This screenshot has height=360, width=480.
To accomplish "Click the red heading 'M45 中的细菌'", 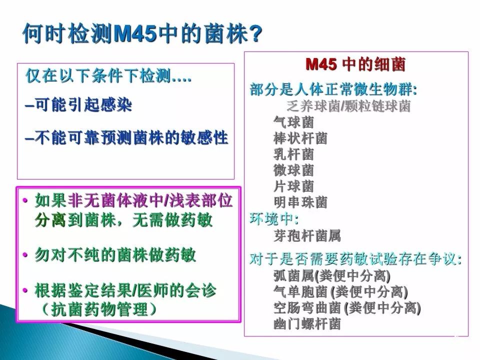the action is point(355,64).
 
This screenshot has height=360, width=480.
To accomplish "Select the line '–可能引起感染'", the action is point(78,105).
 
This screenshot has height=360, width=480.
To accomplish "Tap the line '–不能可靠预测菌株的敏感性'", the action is point(126,137).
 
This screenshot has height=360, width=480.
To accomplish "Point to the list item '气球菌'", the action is point(293,122).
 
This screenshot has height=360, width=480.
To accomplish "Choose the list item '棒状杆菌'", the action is point(300,138).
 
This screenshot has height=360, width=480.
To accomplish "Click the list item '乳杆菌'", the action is point(293,154).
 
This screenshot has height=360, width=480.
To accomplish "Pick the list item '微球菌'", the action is point(293,170).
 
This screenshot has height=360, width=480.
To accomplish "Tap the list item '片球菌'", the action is point(293,186).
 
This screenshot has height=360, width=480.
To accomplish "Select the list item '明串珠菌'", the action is point(300,202).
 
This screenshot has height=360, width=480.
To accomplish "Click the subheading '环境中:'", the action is point(274,218).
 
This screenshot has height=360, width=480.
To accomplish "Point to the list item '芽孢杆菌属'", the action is point(307,235).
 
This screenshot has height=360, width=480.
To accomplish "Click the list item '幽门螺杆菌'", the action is point(307,324).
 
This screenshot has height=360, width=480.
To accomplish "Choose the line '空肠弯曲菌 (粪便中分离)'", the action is point(347,308).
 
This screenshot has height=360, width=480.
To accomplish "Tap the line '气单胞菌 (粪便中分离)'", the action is point(340,292).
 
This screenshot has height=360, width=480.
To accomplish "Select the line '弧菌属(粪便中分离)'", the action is point(332,276).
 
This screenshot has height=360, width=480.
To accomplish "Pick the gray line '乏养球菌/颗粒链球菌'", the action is point(348,106).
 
